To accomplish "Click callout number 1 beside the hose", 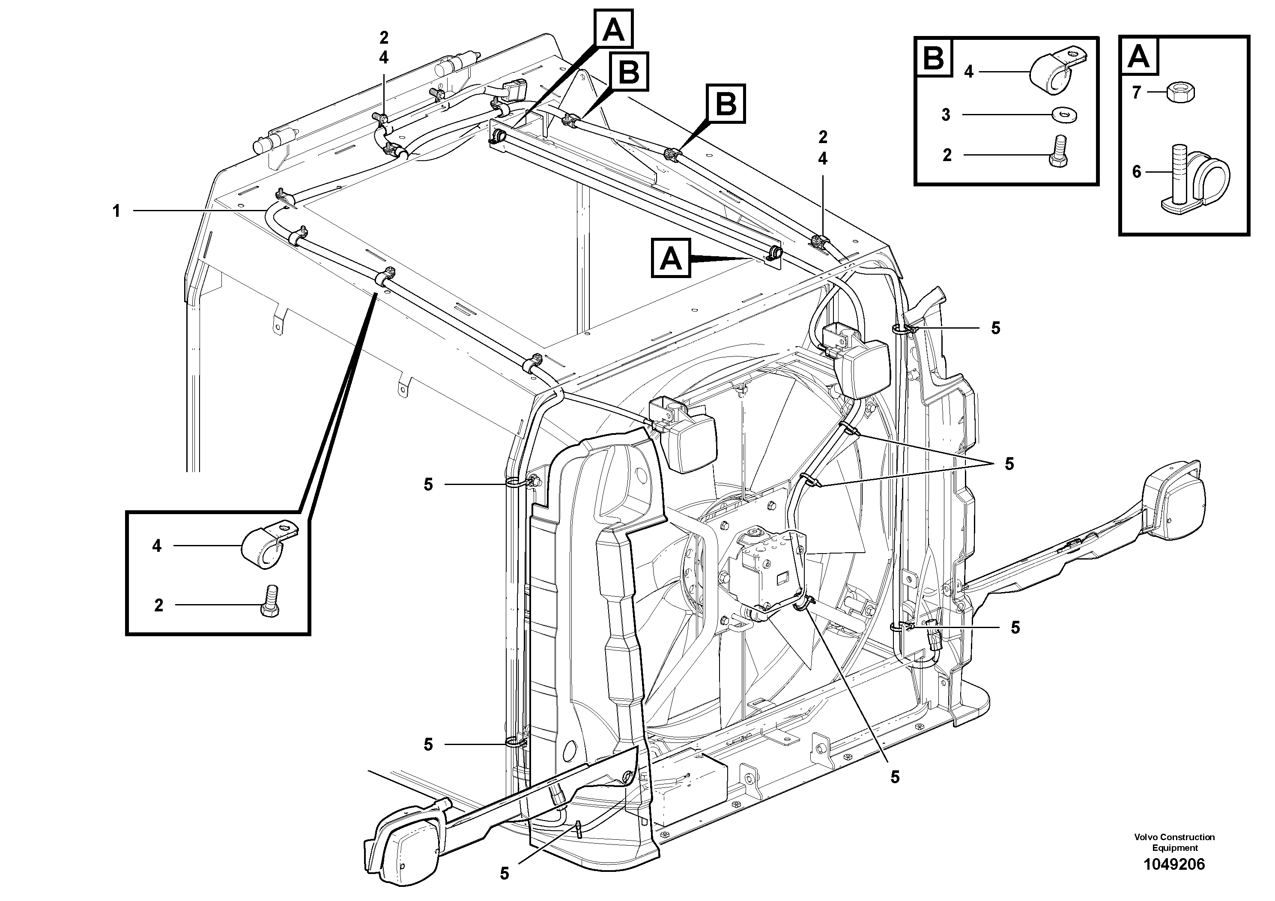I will (x=116, y=211).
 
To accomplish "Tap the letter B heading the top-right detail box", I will (x=933, y=56).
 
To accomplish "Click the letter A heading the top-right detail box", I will (x=1139, y=56).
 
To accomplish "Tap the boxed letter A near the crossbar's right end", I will (x=671, y=258).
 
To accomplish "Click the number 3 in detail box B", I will (x=946, y=115).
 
